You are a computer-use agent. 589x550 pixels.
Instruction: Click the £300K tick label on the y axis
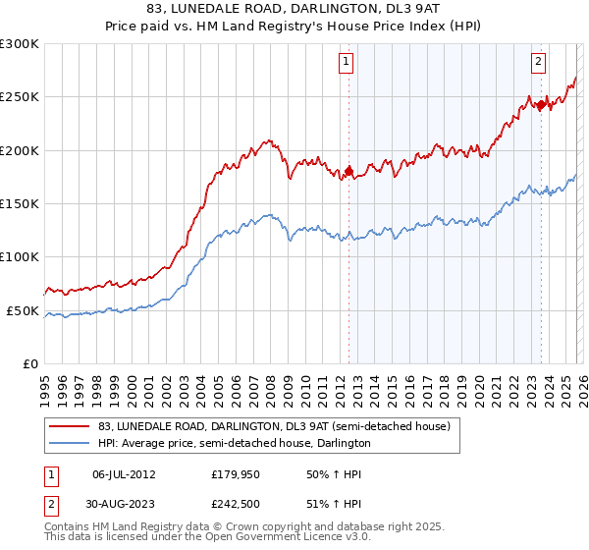(20, 44)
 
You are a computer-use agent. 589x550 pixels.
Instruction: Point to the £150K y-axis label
(20, 204)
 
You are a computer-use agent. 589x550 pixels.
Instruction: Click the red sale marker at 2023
(541, 105)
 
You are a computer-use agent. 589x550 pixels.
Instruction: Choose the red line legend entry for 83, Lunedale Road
(274, 426)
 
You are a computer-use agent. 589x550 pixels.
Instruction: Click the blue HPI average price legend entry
(265, 443)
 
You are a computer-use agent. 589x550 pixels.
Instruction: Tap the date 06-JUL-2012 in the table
(124, 474)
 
